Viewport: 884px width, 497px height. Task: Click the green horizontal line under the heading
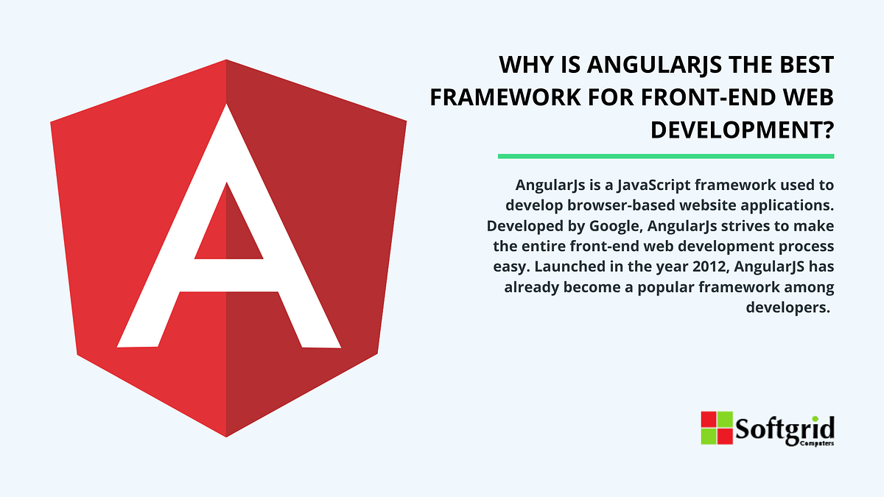point(665,156)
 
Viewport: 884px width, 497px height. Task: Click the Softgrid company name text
point(784,428)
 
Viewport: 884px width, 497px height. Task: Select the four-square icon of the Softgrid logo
point(717,428)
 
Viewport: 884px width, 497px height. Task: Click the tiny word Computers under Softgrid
point(816,445)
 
